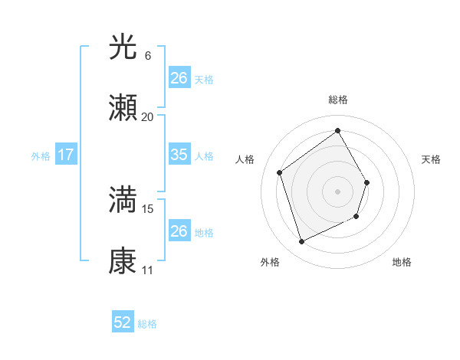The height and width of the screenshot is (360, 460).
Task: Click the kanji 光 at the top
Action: tap(123, 47)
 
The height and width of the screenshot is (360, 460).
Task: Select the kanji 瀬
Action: tap(123, 110)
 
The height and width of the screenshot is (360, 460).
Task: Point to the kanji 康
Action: tap(123, 261)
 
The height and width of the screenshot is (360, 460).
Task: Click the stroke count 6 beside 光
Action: tap(148, 56)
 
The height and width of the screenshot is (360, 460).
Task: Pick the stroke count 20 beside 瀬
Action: tap(148, 117)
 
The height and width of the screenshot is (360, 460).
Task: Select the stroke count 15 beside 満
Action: tap(148, 208)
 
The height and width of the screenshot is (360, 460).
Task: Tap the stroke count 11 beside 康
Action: tap(148, 270)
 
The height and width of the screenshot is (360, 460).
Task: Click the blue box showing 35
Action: tap(179, 155)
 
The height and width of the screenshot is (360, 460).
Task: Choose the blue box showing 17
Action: tap(66, 155)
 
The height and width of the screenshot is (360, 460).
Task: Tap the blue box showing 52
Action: tap(123, 322)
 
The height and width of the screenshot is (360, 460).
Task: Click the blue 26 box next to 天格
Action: tap(179, 78)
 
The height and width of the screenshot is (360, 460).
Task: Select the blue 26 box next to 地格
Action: tap(179, 231)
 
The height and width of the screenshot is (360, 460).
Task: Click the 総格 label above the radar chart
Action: tap(338, 100)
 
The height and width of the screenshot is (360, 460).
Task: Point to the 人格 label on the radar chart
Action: tap(245, 159)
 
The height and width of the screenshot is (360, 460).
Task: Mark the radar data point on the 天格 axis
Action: tap(367, 182)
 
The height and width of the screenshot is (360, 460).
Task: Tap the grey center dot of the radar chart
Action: tap(338, 191)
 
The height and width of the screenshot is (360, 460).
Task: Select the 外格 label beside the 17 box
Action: tap(41, 155)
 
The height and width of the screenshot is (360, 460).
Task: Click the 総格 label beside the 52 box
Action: tap(147, 323)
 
